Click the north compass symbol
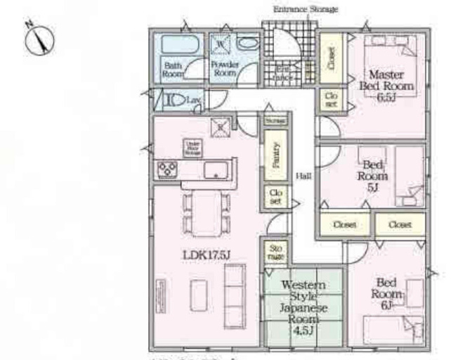click(39, 39)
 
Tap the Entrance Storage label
click(305, 9)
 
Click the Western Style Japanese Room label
click(302, 302)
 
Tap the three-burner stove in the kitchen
click(167, 169)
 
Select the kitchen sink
click(215, 169)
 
